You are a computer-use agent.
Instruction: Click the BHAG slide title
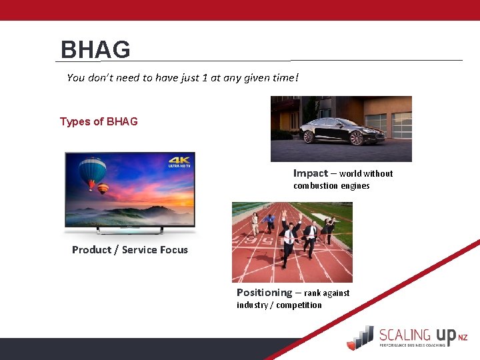(95, 50)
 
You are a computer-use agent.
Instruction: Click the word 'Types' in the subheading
(73, 121)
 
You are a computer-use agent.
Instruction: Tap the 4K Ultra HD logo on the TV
(179, 163)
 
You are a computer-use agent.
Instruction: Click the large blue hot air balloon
(94, 173)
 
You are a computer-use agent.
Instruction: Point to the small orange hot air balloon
(103, 189)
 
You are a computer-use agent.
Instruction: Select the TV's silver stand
(130, 230)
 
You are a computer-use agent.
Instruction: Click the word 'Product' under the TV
(91, 250)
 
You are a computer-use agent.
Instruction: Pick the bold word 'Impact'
(310, 173)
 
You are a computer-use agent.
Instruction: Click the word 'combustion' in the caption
(315, 186)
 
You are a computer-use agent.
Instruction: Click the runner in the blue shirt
(269, 221)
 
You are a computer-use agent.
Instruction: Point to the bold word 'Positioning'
(264, 293)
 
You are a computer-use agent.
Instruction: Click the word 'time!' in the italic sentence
(285, 78)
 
